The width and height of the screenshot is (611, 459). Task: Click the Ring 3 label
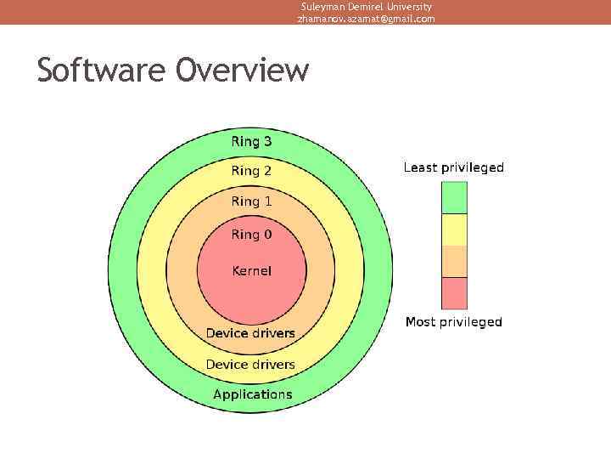point(252,141)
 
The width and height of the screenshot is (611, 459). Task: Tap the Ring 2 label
point(252,171)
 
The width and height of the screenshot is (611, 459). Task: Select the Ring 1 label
point(252,201)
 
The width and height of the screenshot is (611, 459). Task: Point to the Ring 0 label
point(252,234)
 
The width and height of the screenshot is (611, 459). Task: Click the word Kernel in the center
point(252,271)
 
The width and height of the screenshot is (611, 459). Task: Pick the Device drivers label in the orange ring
point(250,333)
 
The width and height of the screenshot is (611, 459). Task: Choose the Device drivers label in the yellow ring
point(250,365)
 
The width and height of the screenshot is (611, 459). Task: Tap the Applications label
point(252,394)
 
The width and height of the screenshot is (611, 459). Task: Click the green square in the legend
point(454,197)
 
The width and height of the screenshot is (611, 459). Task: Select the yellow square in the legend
point(454,229)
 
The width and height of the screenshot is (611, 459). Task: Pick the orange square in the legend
point(454,261)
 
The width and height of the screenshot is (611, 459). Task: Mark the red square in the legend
point(454,292)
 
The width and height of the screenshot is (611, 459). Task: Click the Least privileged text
point(453,167)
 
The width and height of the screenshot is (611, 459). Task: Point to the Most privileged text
point(453,322)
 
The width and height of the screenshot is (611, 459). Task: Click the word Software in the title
point(102,70)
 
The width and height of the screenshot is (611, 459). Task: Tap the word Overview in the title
point(243,70)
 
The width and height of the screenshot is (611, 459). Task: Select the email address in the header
point(366,19)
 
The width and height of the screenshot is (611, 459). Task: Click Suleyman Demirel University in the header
point(366,6)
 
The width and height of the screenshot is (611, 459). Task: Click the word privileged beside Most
point(470,322)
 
